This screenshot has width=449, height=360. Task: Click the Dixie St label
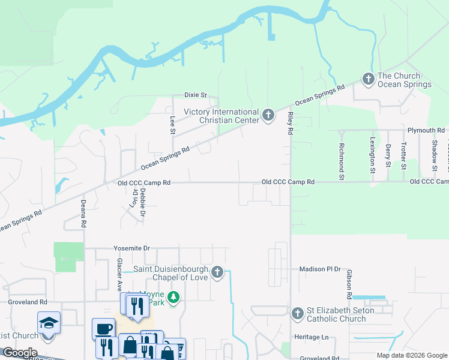click(x=194, y=95)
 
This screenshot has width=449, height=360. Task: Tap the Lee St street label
click(x=172, y=125)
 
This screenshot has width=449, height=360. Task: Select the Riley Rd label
click(x=291, y=122)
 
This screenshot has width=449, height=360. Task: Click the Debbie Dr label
click(x=143, y=202)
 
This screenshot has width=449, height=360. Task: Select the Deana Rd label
click(x=83, y=214)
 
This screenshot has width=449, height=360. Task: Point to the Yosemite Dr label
click(x=131, y=248)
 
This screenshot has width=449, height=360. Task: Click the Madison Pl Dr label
click(x=319, y=270)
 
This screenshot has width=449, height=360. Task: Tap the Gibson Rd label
click(x=348, y=284)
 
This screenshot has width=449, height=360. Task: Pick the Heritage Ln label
click(x=312, y=337)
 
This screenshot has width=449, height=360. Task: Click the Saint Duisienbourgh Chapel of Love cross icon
click(x=217, y=273)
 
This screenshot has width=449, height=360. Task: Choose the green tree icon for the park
click(x=173, y=298)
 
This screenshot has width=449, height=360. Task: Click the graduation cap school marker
click(x=49, y=323)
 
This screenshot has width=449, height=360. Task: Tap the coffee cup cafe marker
click(x=103, y=328)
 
